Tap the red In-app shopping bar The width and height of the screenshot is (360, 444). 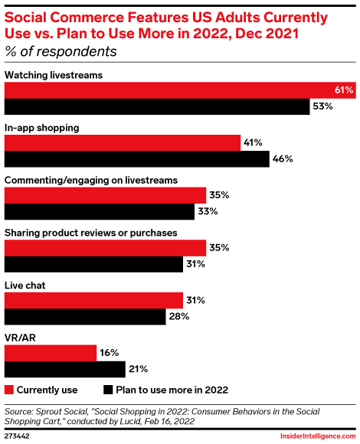pos(123,142)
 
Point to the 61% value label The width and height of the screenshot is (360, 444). pos(344,90)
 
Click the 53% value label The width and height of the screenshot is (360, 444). pos(322,107)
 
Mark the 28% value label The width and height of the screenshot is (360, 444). pos(178,317)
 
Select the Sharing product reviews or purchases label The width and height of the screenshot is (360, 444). pos(91,232)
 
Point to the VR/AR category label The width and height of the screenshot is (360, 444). pos(20,337)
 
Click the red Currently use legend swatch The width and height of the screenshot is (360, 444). pos(9,388)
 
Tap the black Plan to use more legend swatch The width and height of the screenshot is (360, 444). pos(107,388)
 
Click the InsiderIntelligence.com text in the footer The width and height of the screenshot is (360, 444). pos(314,436)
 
